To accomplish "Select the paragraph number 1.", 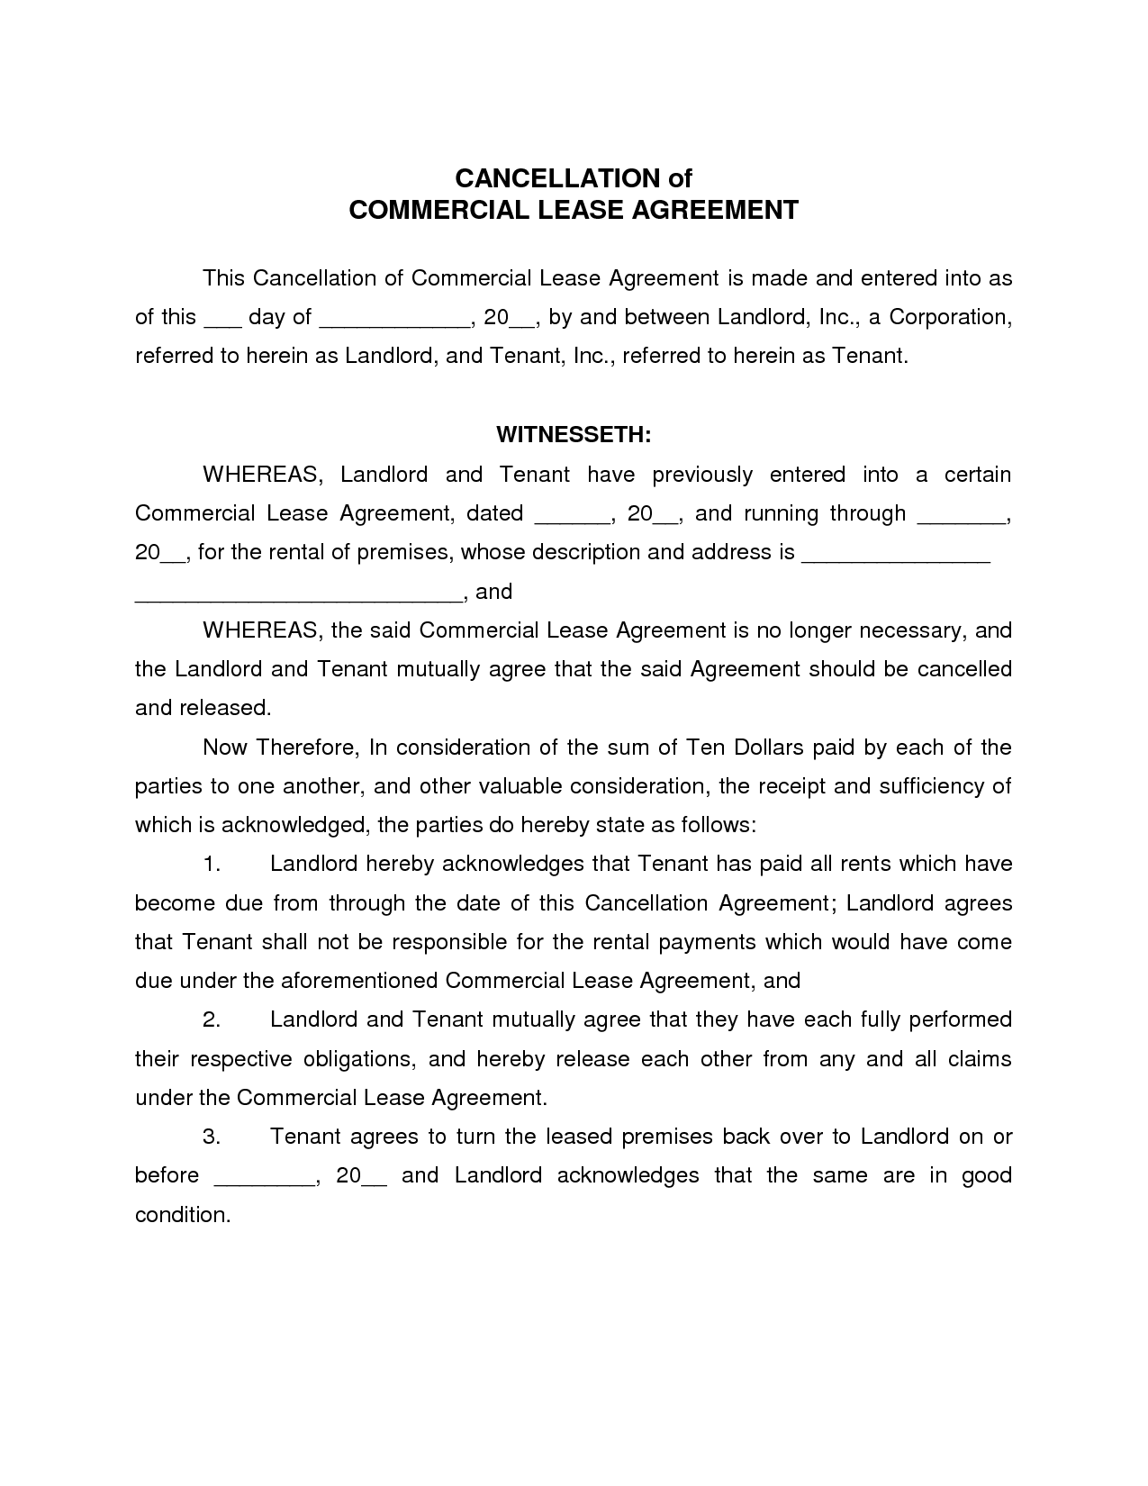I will (x=212, y=865).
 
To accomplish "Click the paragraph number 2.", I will (x=212, y=1020).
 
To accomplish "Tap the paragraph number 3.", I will (x=212, y=1137).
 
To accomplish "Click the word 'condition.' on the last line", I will (x=183, y=1215).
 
